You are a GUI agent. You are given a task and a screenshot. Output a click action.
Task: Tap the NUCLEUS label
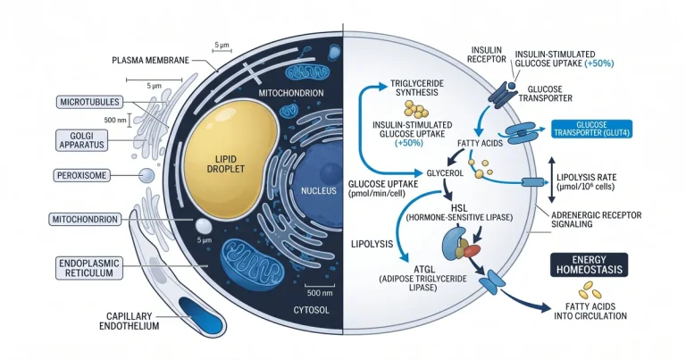[x=319, y=190]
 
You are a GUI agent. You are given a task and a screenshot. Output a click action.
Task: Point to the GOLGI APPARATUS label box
[x=81, y=140]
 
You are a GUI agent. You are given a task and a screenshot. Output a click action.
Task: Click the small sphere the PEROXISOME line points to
[x=147, y=176]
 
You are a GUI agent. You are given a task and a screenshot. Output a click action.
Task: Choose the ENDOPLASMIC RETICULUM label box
[x=89, y=268]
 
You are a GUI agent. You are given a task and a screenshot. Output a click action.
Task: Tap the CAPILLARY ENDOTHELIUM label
[x=129, y=321]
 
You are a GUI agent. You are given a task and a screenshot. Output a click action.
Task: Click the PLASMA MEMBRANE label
[x=150, y=60]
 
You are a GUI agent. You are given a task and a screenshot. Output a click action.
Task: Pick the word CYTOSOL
[x=311, y=310]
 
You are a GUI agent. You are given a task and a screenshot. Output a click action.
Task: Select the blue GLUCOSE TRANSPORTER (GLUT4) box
[x=591, y=129]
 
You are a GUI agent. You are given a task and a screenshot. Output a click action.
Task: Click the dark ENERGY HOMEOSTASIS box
[x=589, y=264]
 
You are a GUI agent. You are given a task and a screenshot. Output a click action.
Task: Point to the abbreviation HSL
[x=459, y=207]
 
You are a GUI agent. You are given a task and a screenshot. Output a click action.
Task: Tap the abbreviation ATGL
[x=424, y=269]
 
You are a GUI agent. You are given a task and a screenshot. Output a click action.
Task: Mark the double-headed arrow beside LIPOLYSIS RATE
[x=551, y=180]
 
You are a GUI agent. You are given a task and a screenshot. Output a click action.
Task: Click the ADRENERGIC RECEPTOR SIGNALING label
[x=596, y=220]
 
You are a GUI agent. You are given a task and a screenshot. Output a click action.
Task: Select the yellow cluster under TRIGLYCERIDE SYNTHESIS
[x=416, y=109]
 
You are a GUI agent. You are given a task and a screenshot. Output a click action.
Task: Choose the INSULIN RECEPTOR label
[x=486, y=54]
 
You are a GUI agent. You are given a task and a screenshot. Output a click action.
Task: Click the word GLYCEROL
[x=445, y=172]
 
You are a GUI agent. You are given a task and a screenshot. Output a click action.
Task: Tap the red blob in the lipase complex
[x=472, y=251]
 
